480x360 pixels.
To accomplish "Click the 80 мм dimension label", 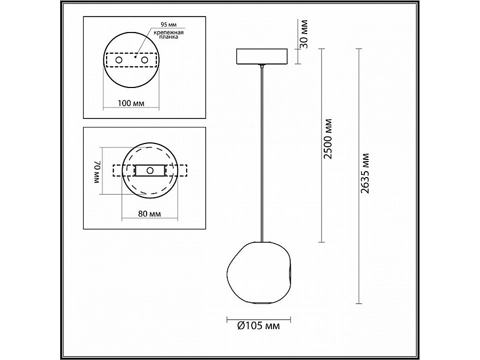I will click(149, 214).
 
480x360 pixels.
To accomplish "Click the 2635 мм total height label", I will click(366, 174).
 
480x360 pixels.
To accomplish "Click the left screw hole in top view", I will click(118, 60).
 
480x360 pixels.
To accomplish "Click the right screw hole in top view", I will click(144, 60).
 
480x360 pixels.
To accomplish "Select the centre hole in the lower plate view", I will click(150, 170).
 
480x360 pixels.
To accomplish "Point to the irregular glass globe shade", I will click(260, 273).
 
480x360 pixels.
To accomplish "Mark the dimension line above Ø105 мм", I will click(259, 318).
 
